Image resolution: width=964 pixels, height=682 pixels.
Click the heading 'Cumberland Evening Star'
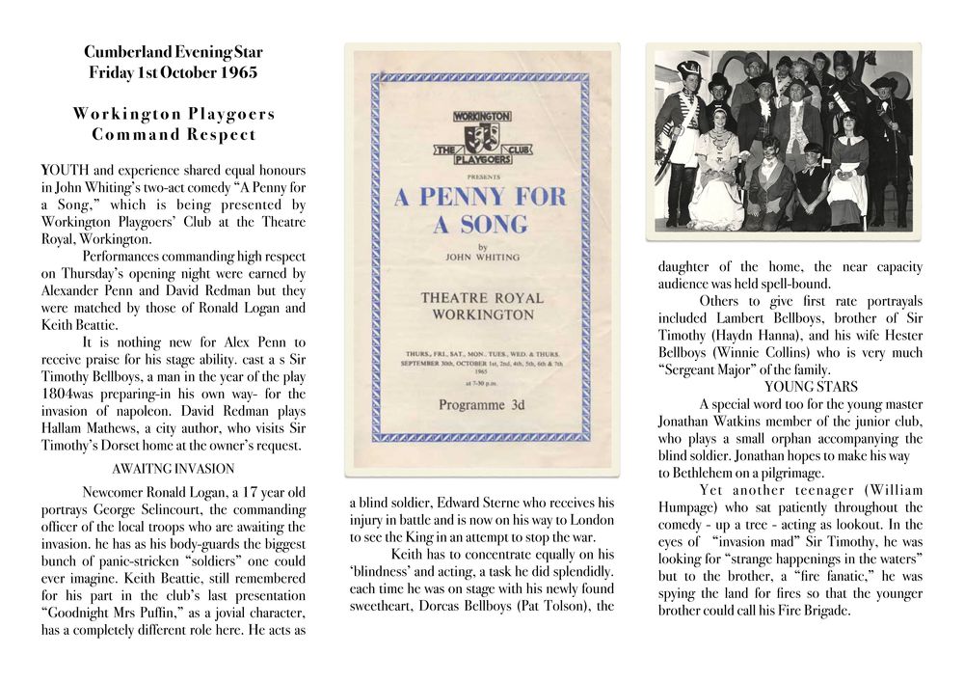pyautogui.click(x=174, y=52)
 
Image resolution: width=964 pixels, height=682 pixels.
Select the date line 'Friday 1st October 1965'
pyautogui.click(x=174, y=72)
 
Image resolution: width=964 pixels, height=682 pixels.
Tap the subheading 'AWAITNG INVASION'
pyautogui.click(x=174, y=469)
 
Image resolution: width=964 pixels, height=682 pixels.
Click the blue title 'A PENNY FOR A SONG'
pyautogui.click(x=480, y=210)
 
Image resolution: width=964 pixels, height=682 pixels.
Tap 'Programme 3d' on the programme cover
pyautogui.click(x=479, y=404)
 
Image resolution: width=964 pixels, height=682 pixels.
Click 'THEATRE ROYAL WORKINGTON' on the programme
pyautogui.click(x=481, y=307)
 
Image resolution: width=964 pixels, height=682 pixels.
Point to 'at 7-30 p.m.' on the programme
pyautogui.click(x=479, y=384)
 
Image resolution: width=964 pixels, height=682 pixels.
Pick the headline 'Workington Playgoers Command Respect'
pyautogui.click(x=174, y=123)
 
